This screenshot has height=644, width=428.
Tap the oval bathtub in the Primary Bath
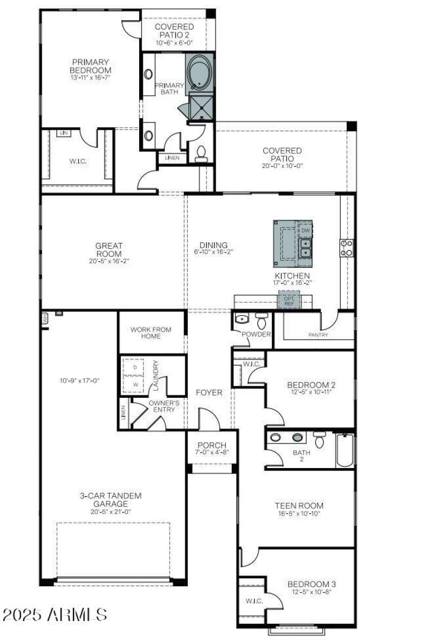point(200,71)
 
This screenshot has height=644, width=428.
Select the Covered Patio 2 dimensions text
point(174,43)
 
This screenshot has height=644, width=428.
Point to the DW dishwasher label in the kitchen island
point(305,231)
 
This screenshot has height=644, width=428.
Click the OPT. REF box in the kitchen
point(289,301)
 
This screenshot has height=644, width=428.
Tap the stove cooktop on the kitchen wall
point(347,247)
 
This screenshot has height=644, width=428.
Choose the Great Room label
point(109,250)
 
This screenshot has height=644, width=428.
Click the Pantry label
point(318,335)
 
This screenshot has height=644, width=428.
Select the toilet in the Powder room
point(261,320)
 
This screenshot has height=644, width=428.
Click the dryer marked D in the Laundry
point(135,367)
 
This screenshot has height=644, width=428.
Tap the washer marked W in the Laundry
point(135,384)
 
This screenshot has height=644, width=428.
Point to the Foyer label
point(209,392)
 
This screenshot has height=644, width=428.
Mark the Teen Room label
point(299,505)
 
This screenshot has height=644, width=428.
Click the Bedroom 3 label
point(311,584)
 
